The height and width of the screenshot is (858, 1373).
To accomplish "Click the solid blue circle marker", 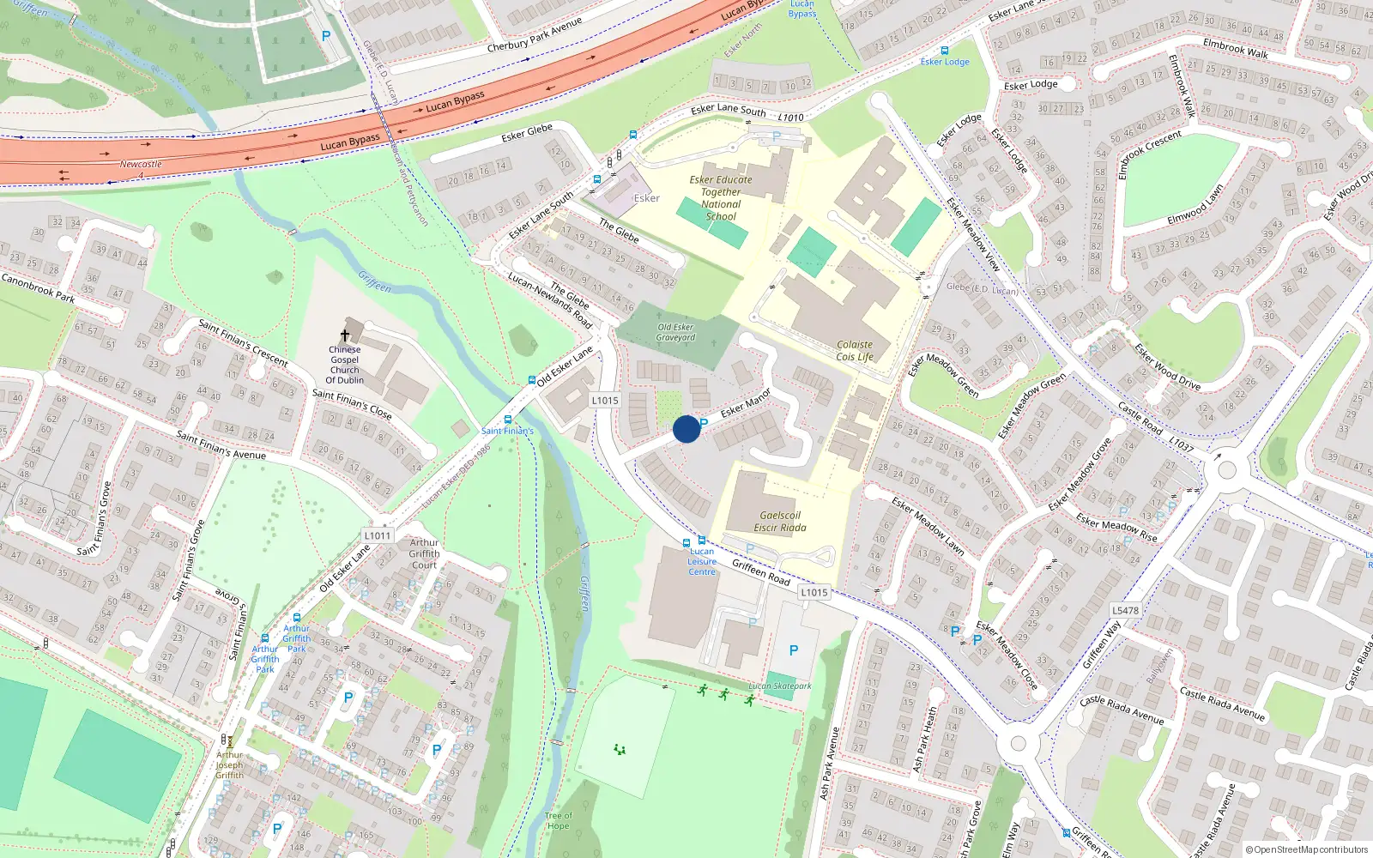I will [686, 429].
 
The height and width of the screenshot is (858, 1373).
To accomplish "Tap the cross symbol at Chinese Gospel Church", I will [345, 335].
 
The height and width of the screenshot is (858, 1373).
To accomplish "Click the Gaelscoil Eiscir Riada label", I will [779, 522].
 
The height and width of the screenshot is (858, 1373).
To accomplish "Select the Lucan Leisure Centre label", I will [701, 562].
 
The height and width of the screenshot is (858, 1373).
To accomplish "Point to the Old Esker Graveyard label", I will [675, 332].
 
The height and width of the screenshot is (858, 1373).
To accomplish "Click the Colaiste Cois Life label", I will [855, 350].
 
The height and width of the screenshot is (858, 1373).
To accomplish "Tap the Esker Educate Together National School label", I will [721, 198].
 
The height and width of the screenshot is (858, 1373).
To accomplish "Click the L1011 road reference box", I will [377, 535].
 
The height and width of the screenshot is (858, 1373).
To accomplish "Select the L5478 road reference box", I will [1125, 611].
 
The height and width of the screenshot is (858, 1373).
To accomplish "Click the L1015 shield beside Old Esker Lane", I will [604, 401].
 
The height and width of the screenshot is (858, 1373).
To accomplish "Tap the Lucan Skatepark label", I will [779, 686].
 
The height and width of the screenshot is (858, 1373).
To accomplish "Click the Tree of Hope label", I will [558, 821].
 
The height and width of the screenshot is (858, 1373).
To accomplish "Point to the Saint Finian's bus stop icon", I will [508, 420].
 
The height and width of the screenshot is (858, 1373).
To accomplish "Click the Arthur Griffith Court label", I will [424, 553].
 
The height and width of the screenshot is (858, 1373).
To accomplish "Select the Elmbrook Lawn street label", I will [1195, 205].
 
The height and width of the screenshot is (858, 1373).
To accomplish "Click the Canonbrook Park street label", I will [38, 287].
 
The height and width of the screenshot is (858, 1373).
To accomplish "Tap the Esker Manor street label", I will [745, 403].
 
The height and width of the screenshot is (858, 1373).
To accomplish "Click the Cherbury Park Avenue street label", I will [534, 35].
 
